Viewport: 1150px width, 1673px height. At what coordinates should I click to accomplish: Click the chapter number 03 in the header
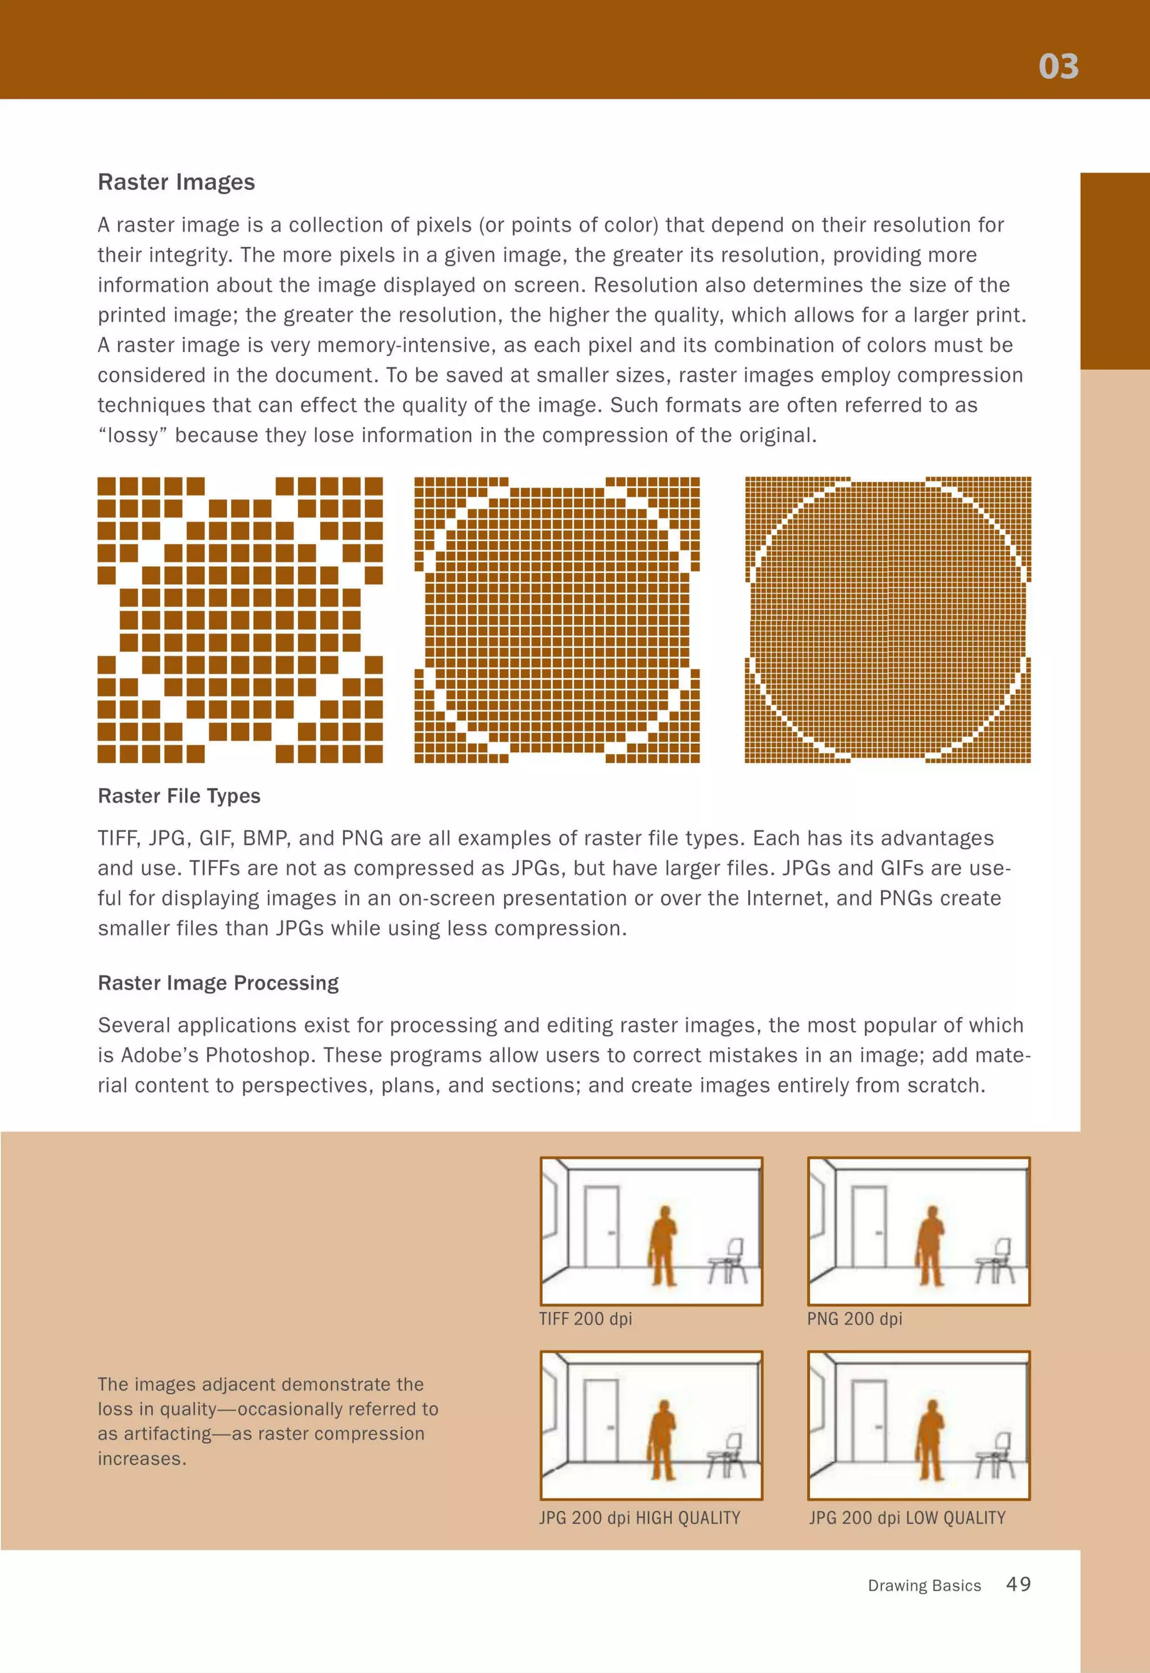point(1058,66)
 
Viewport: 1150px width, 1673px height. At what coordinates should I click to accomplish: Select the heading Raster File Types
point(179,796)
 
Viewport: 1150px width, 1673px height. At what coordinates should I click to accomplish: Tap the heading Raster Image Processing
point(218,983)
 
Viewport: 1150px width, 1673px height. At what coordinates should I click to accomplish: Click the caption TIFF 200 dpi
point(585,1319)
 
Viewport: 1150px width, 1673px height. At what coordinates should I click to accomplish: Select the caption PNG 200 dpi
point(854,1319)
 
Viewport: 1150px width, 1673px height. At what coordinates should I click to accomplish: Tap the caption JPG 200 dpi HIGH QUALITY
point(639,1517)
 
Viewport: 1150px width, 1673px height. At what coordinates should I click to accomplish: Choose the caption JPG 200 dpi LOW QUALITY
point(906,1517)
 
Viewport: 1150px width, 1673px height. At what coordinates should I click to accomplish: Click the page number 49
point(1018,1584)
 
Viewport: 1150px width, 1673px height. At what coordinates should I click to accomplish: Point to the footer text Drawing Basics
point(924,1586)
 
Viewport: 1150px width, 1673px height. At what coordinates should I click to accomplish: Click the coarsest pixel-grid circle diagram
point(240,619)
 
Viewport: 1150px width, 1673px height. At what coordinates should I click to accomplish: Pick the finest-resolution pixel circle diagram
point(887,619)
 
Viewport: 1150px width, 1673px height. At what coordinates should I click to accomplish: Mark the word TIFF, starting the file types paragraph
point(118,838)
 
